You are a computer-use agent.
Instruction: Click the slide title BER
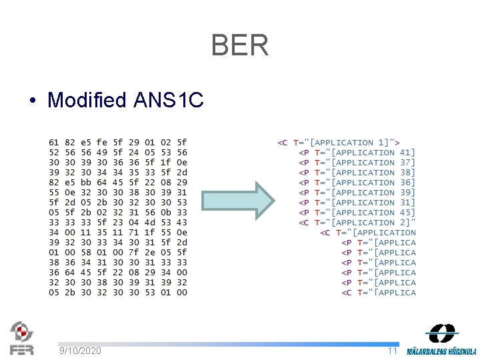240,45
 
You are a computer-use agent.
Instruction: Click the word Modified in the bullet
87,101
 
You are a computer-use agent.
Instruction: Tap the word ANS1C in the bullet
168,101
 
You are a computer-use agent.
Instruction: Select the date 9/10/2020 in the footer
80,351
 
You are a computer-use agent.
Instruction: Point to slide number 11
393,351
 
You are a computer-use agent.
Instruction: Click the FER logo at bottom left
21,338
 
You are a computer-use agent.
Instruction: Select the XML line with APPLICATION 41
357,153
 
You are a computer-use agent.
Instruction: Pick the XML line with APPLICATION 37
357,163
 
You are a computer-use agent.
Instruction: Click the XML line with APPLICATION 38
357,173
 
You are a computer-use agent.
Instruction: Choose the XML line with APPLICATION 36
357,183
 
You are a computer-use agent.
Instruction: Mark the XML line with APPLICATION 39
357,193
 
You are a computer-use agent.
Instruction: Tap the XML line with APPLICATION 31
357,203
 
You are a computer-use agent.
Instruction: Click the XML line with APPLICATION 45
357,213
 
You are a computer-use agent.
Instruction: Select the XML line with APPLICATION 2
357,223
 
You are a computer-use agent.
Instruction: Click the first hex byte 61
53,143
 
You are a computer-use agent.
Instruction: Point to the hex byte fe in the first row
101,143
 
